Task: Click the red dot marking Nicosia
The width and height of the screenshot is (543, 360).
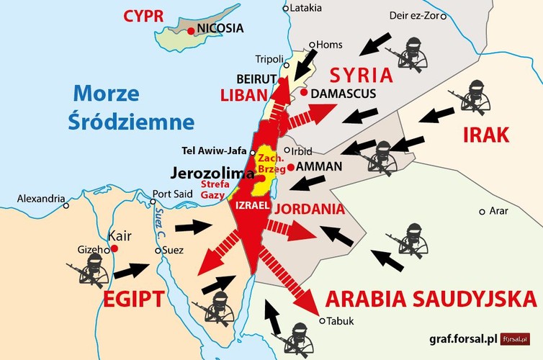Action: pos(191,30)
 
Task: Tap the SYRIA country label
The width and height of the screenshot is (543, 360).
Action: pos(361,76)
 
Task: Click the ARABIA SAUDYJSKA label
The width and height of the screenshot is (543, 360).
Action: pos(430,299)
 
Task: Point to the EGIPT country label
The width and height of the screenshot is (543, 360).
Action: pos(141,299)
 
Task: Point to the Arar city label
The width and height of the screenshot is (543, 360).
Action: pos(498,211)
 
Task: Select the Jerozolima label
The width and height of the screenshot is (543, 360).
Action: pos(212,174)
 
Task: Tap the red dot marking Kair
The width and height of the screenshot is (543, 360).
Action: pos(115,248)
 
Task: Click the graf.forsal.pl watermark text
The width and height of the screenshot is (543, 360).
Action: pos(454,338)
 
